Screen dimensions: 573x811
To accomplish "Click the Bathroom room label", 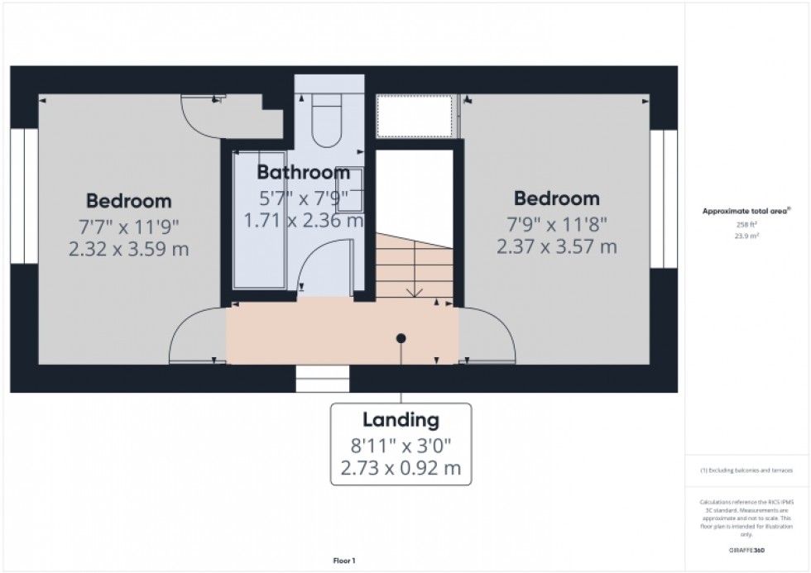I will pyautogui.click(x=303, y=173).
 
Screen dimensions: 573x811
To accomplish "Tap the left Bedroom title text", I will pyautogui.click(x=129, y=201).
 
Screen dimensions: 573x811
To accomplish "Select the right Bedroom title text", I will pyautogui.click(x=556, y=198).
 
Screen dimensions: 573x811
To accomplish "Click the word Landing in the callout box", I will pyautogui.click(x=401, y=420).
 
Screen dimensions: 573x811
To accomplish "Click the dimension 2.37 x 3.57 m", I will pyautogui.click(x=556, y=246).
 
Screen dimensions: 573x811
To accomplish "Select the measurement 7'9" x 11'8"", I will pyautogui.click(x=556, y=222).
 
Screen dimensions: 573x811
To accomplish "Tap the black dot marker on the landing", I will pyautogui.click(x=401, y=338).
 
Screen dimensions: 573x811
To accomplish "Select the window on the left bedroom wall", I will pyautogui.click(x=24, y=195).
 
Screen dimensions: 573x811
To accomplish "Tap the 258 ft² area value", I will pyautogui.click(x=741, y=223).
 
